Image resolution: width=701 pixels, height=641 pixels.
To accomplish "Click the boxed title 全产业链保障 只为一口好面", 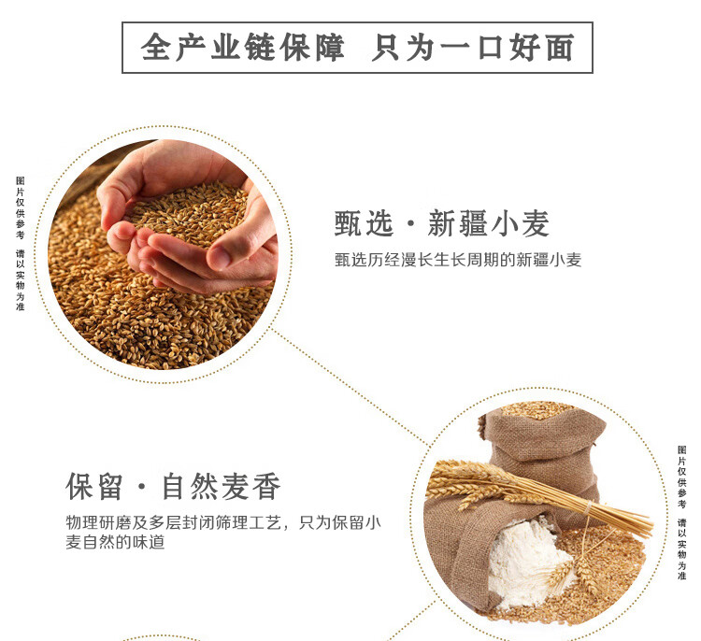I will (358, 48).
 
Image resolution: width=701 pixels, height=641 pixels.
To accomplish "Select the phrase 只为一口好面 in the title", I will (472, 48).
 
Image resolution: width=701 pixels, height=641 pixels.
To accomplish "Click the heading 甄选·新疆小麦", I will (441, 223).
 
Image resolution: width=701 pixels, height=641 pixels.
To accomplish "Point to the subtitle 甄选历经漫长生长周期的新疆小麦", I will (458, 261).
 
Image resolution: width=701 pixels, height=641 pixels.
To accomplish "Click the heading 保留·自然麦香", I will (173, 487).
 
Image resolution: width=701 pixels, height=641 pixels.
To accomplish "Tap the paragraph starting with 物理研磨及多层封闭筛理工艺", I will (223, 531).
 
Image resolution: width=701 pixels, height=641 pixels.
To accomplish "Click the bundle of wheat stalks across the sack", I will (542, 491).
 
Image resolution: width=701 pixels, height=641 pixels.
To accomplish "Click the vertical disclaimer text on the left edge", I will (20, 243).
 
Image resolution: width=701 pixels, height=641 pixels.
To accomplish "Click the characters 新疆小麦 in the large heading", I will (488, 223).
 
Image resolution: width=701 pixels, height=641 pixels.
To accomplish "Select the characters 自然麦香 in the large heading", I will (221, 487).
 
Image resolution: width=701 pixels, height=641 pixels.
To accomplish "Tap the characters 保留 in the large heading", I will (96, 487).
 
